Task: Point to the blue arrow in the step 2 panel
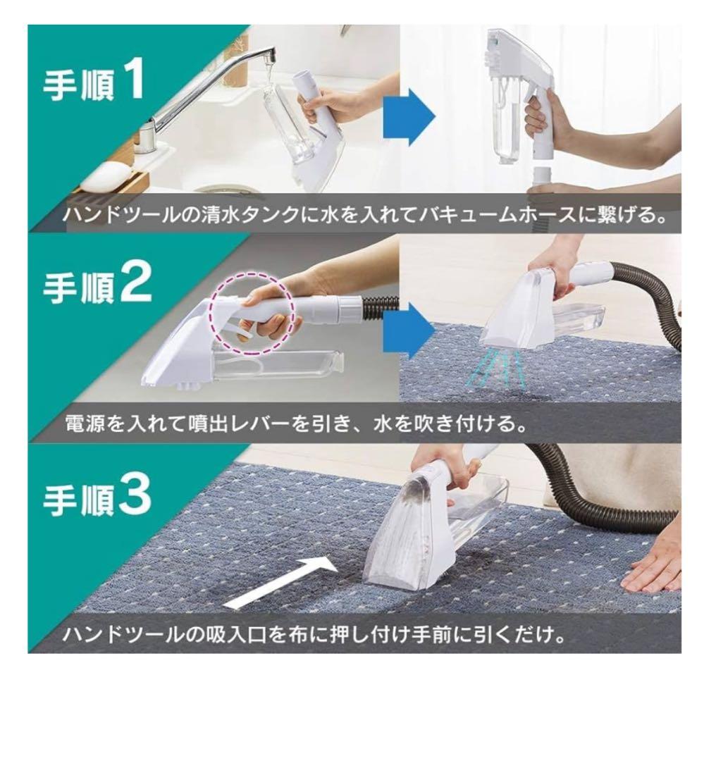409,328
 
